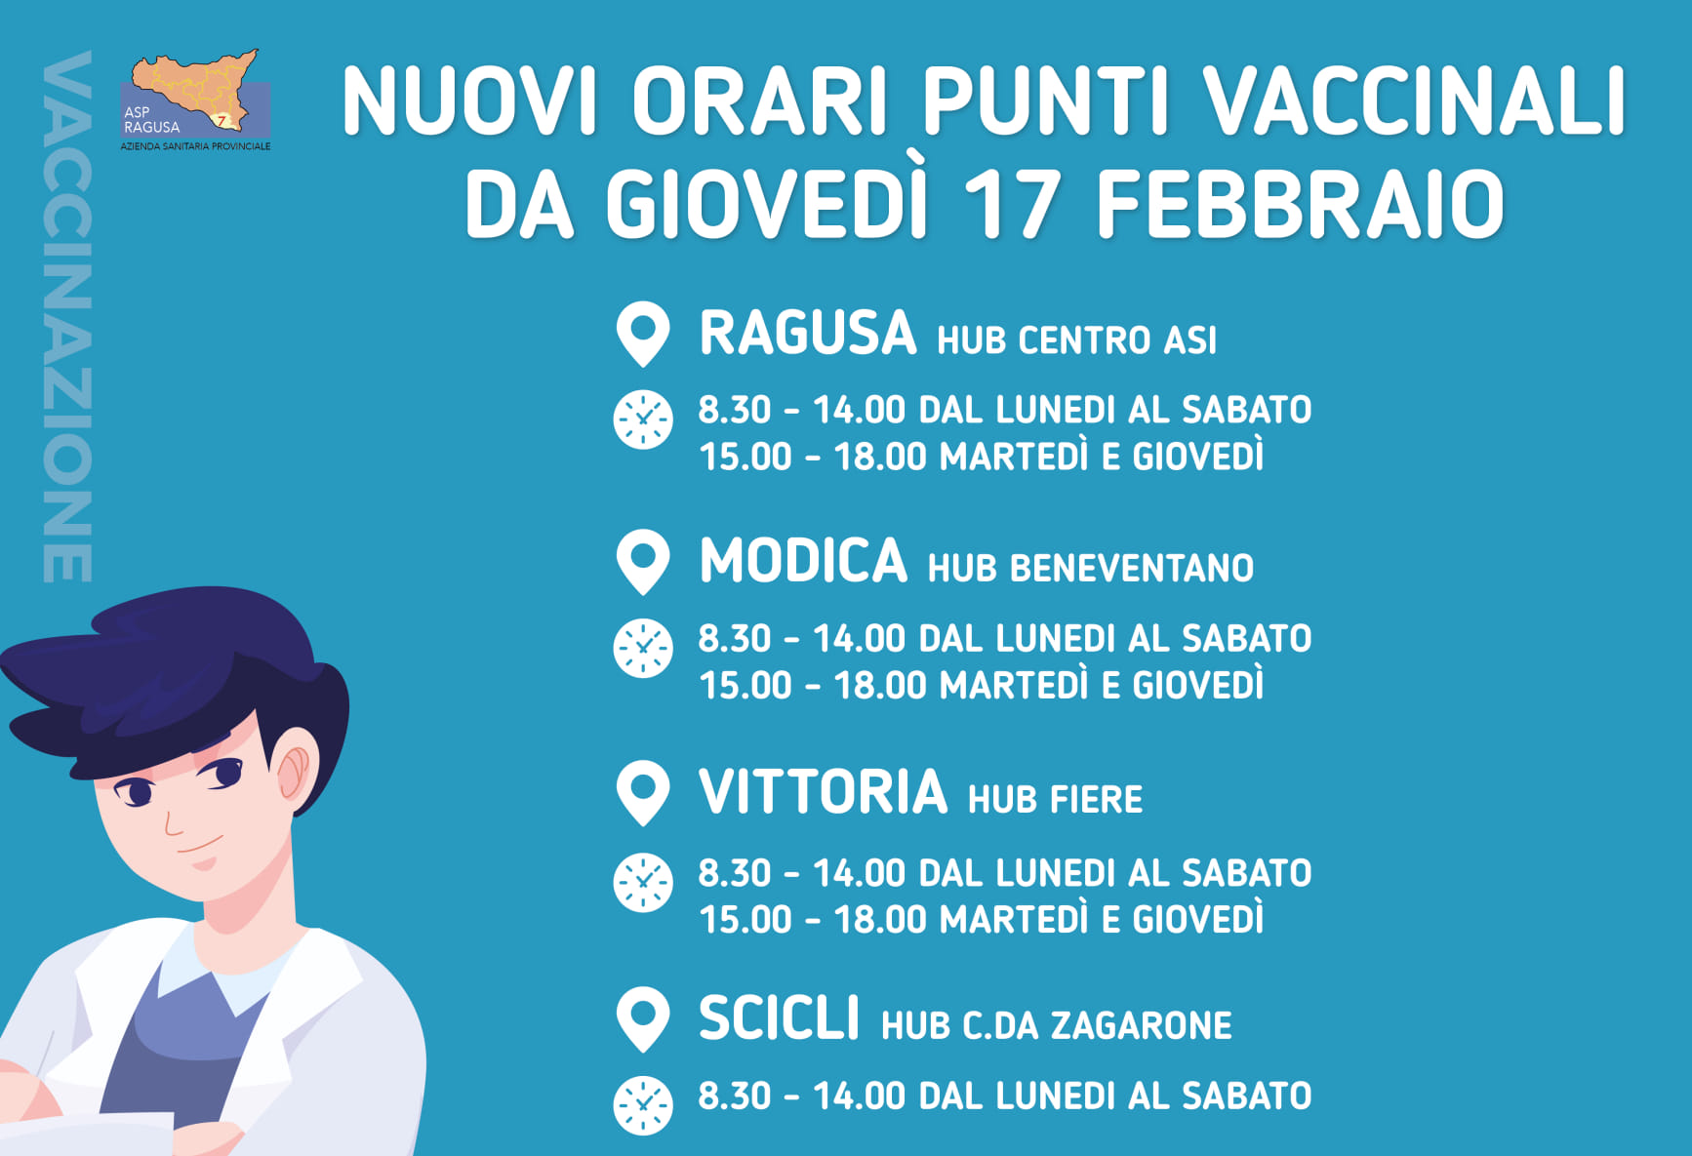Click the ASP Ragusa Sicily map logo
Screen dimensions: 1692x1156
[x=195, y=100]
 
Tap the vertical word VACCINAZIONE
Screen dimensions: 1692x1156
[x=67, y=317]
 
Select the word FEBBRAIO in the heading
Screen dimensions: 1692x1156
[x=1300, y=204]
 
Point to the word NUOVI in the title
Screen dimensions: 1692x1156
[x=469, y=101]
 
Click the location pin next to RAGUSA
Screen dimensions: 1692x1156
[x=643, y=335]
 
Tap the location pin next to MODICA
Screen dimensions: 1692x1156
[x=643, y=562]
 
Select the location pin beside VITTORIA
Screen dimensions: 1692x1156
[x=643, y=793]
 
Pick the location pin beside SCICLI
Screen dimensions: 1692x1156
[x=643, y=1019]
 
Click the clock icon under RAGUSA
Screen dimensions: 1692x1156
[x=643, y=419]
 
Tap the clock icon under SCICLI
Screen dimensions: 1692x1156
[x=643, y=1105]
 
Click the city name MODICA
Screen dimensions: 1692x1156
[x=803, y=561]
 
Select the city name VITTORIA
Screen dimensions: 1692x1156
[x=824, y=791]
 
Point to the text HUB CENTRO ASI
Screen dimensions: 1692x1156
[x=1077, y=340]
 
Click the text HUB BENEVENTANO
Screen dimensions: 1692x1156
[x=1091, y=568]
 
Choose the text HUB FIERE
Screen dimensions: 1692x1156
[x=1055, y=800]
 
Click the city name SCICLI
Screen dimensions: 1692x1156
[x=779, y=1018]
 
